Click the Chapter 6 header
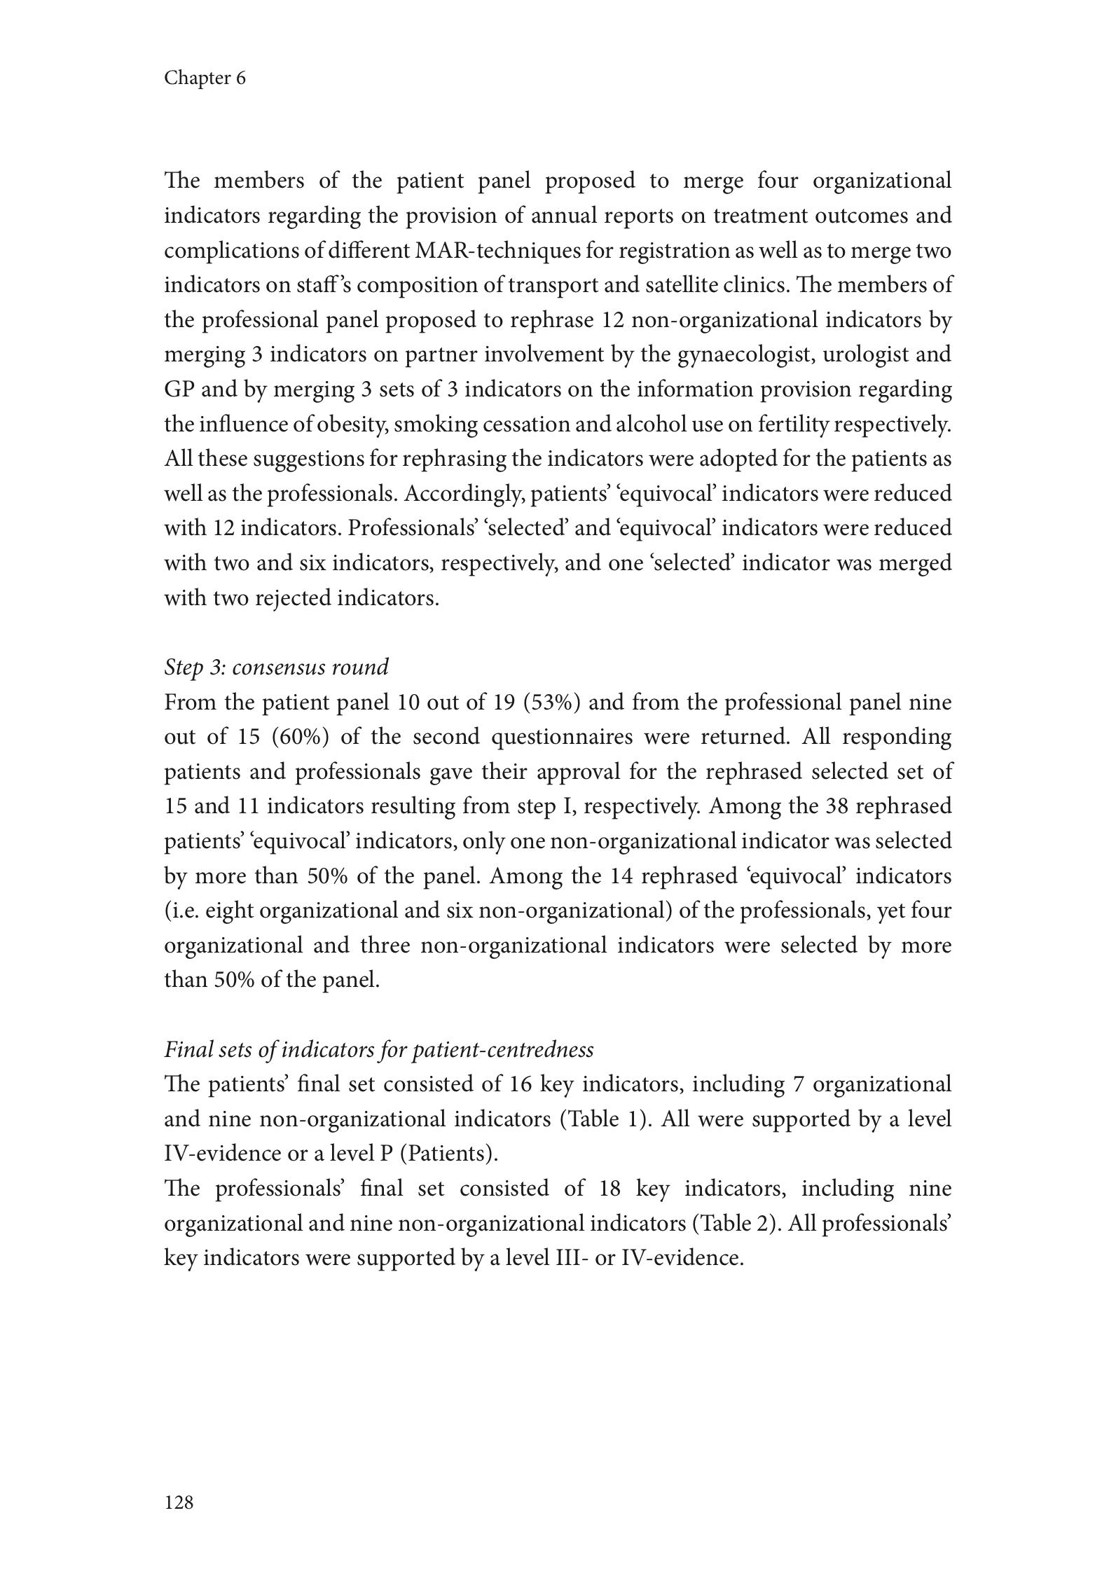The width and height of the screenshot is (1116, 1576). tap(205, 78)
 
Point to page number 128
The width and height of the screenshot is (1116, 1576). tap(179, 1502)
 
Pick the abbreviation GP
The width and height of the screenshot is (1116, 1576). tap(179, 389)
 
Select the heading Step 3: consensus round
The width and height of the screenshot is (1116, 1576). tap(276, 667)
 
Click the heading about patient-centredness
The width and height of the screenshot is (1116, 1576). tap(379, 1049)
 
